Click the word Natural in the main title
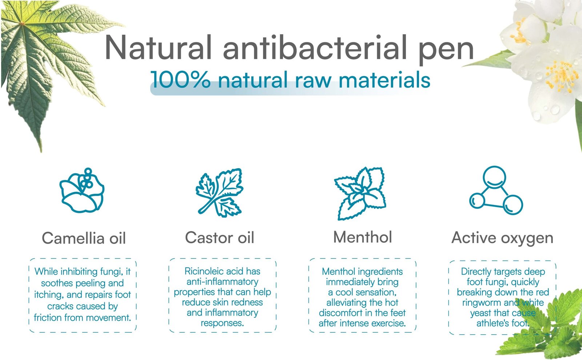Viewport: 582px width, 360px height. [x=158, y=48]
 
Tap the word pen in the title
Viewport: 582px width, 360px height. [x=446, y=51]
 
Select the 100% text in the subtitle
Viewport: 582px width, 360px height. [x=180, y=80]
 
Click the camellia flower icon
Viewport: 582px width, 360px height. [x=82, y=190]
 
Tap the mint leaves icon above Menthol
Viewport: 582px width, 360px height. [x=360, y=194]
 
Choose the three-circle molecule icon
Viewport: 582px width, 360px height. [x=496, y=190]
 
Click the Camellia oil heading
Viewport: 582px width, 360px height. [x=84, y=238]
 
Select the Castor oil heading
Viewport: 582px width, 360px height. [x=220, y=238]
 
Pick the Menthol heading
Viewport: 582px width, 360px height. [x=362, y=237]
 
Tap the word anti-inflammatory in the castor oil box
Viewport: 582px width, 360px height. [x=222, y=282]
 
